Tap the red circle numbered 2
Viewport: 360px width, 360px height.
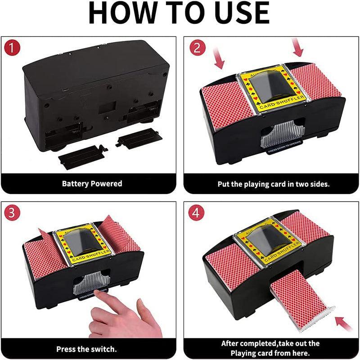[x=196, y=48]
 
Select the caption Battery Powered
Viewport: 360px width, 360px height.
[x=92, y=184]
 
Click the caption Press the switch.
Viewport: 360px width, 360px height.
[x=86, y=349]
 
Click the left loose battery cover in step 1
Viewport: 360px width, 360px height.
[x=82, y=156]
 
